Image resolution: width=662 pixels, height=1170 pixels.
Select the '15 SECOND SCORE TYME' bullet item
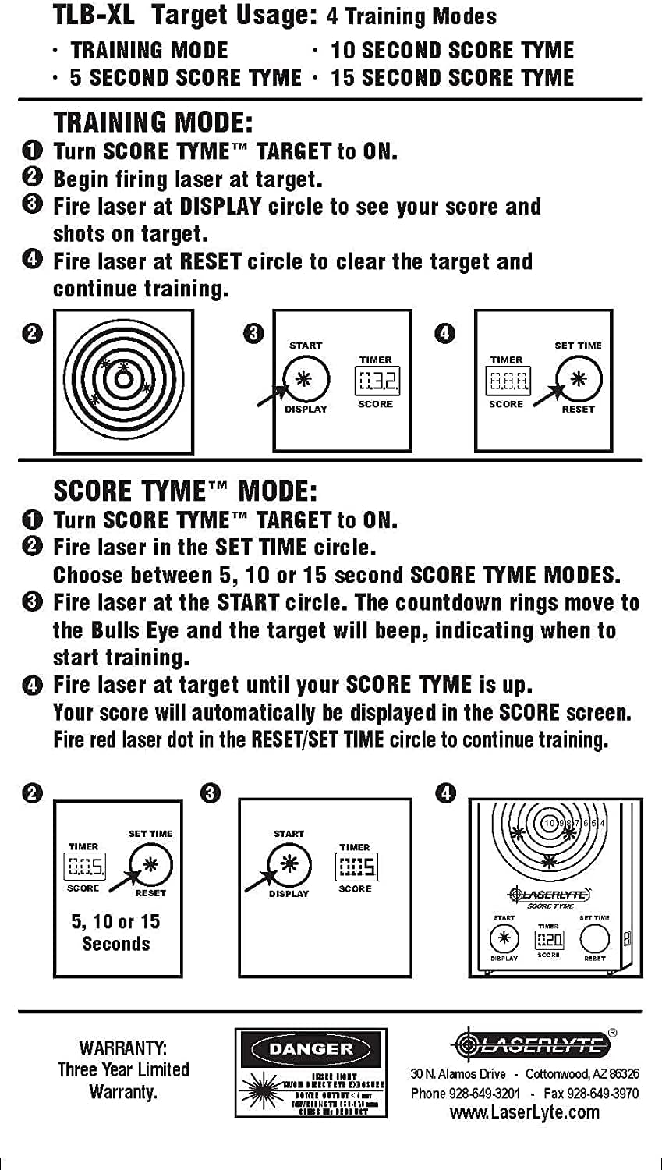451,78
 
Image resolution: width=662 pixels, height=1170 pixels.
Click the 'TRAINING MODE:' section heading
153,122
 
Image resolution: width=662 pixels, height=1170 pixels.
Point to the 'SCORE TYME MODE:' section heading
185,491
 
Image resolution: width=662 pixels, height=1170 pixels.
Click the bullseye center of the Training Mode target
123,380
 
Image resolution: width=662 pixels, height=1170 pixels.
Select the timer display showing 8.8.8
507,381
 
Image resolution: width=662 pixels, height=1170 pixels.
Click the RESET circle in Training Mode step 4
579,380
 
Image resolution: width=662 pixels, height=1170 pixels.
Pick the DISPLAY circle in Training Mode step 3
305,380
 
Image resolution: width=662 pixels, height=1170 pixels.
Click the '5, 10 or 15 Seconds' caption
116,933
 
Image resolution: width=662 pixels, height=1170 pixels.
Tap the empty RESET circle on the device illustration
595,939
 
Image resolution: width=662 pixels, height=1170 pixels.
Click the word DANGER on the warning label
310,1049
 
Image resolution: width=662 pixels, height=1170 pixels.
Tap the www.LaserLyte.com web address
525,1112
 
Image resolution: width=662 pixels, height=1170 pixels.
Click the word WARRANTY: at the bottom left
123,1048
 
